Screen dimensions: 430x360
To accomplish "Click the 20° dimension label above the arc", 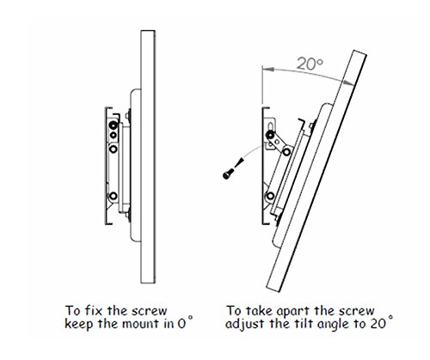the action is [310, 64].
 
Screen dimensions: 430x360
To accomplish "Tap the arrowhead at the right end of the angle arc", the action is [349, 82].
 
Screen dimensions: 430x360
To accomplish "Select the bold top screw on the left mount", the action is [114, 125].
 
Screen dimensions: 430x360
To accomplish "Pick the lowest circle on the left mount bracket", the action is [114, 196].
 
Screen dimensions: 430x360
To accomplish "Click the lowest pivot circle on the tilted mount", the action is [270, 196].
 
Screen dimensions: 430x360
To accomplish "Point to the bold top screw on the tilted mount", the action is [270, 135].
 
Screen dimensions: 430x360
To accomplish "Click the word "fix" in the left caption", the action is [95, 311].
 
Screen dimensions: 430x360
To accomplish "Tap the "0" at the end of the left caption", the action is [181, 324].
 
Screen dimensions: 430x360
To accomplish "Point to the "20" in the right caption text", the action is [378, 324].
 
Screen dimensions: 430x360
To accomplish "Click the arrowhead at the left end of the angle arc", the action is [268, 70].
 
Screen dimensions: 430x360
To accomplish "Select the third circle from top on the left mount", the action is [114, 149].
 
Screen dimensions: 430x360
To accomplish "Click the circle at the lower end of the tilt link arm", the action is [286, 151].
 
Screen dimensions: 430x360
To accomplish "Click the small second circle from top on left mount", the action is [114, 135].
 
